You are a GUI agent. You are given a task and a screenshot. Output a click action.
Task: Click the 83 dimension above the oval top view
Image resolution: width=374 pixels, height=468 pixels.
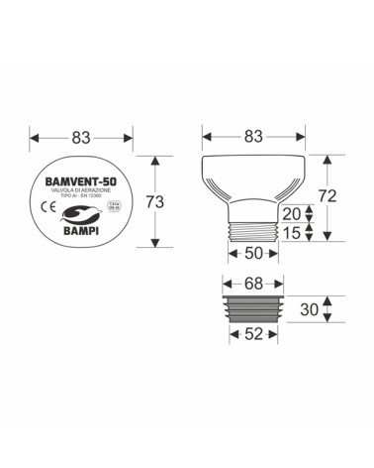pos(83,135)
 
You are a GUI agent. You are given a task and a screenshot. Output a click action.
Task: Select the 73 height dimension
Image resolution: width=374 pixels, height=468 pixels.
pos(153,201)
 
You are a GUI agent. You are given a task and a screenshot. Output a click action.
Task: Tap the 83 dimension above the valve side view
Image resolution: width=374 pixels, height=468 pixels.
pos(254,135)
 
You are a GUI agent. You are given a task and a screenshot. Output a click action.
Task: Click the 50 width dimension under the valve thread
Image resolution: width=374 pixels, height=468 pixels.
pos(253,253)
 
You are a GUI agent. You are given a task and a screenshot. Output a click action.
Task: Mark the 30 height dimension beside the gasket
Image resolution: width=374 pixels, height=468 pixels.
pos(309,308)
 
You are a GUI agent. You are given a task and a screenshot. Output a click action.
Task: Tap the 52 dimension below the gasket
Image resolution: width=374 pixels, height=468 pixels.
pos(253,335)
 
